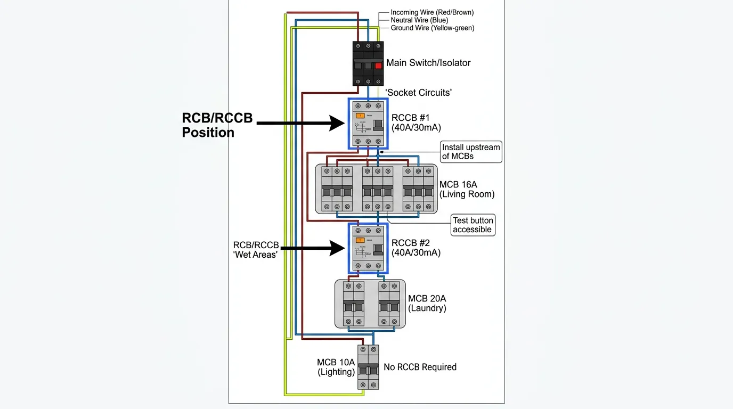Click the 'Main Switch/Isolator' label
(x=428, y=63)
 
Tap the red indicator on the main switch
(x=378, y=66)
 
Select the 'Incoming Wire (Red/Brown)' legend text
(x=432, y=12)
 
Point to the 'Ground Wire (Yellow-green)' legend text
(x=433, y=28)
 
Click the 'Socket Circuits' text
(x=419, y=93)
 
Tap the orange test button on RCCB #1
(x=360, y=115)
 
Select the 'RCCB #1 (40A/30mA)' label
(x=416, y=122)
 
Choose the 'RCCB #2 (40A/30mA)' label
(x=416, y=248)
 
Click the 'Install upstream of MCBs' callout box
(x=471, y=152)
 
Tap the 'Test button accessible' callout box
(x=473, y=225)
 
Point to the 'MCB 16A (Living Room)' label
(x=467, y=190)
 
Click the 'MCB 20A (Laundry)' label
(x=427, y=304)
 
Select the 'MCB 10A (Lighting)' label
(x=336, y=367)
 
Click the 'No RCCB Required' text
(x=420, y=367)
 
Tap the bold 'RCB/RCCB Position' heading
(x=217, y=125)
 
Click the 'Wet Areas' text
(x=256, y=255)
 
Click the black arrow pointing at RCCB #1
(x=301, y=123)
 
